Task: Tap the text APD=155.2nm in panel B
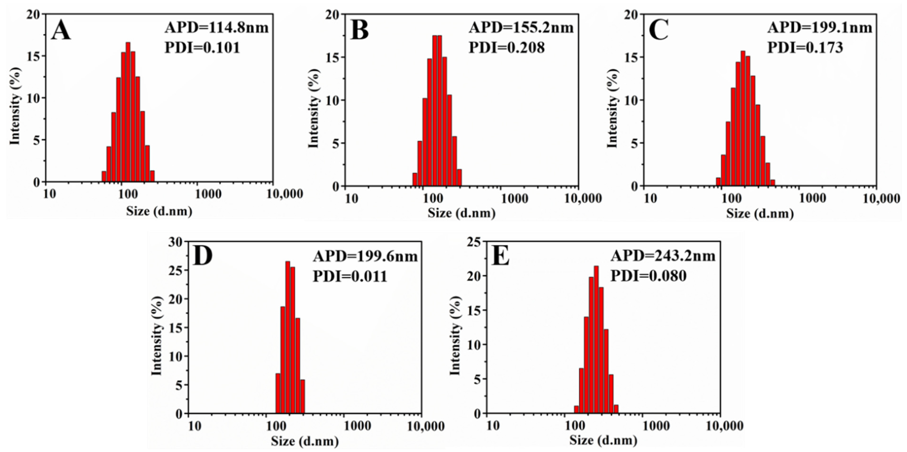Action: click(521, 28)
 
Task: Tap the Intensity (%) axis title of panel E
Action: click(455, 336)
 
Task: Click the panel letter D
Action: click(203, 257)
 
